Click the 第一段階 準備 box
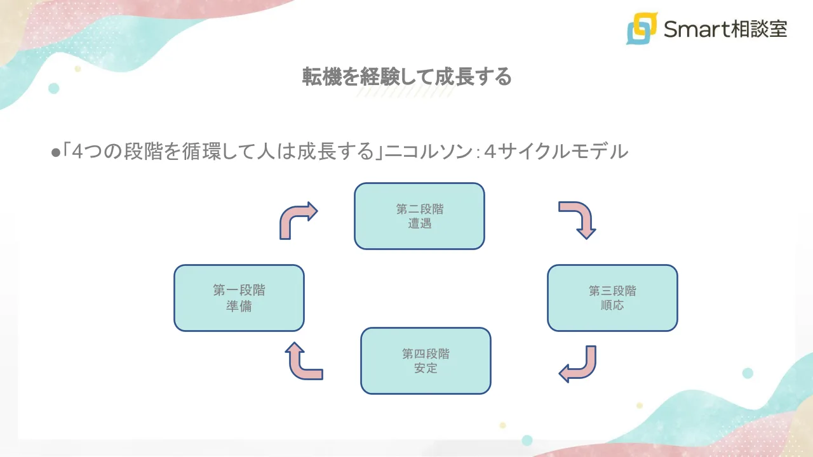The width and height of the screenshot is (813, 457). click(x=239, y=298)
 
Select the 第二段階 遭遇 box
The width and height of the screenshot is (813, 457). click(x=419, y=216)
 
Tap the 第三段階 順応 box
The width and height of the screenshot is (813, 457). click(x=612, y=298)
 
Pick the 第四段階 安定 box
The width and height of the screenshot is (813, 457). click(x=426, y=361)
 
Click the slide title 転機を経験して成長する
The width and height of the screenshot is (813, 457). click(x=406, y=77)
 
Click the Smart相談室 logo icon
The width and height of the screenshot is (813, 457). click(x=642, y=29)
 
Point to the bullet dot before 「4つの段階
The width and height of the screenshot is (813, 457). click(x=55, y=152)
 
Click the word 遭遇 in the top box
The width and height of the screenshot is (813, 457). click(x=419, y=223)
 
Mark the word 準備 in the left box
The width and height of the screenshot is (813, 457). click(x=239, y=305)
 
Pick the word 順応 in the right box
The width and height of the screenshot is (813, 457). click(x=612, y=305)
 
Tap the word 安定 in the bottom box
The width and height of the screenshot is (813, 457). click(x=426, y=368)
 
